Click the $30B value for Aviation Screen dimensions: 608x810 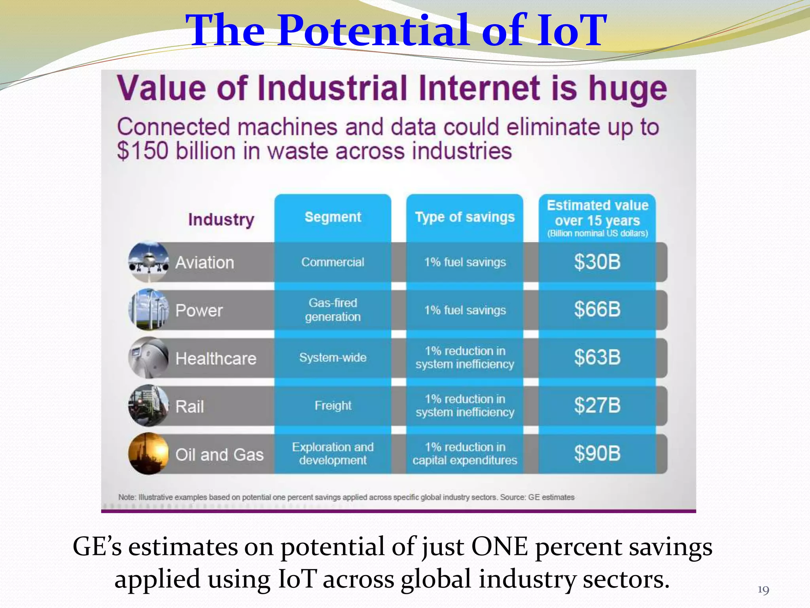[597, 262]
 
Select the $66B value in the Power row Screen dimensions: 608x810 [597, 310]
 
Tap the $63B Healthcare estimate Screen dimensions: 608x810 [597, 357]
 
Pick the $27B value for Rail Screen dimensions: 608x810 [597, 406]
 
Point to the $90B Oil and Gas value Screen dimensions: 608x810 [597, 454]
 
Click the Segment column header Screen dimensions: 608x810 [333, 217]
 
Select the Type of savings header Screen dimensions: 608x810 [465, 217]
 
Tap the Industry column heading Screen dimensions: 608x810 [221, 219]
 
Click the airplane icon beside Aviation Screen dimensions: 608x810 [149, 262]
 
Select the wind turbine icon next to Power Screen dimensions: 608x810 [149, 310]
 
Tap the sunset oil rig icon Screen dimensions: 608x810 [149, 454]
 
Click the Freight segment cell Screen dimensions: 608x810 [333, 406]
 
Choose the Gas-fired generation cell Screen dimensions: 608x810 [333, 310]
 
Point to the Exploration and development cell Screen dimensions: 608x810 [333, 454]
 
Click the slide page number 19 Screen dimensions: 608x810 [763, 590]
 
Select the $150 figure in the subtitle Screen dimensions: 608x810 [142, 151]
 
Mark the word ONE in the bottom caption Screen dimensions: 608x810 [499, 547]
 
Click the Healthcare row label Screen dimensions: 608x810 [216, 359]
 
